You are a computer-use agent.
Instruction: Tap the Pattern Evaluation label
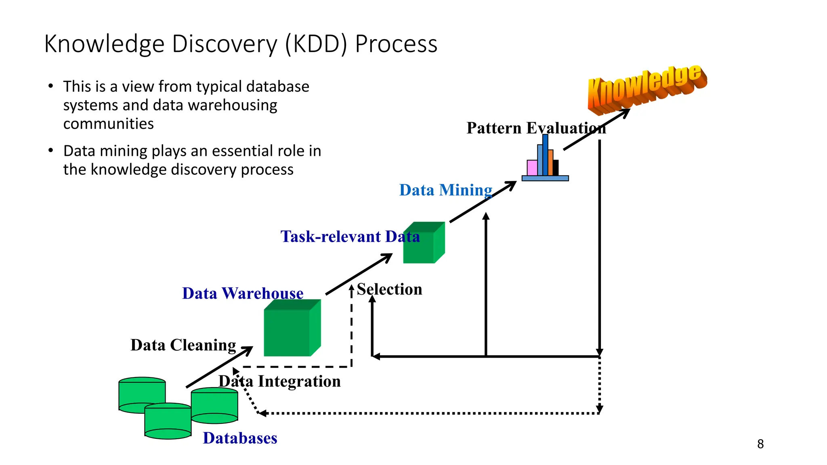(x=536, y=128)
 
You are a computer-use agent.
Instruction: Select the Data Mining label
(x=445, y=190)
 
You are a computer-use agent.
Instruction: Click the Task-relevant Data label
(x=350, y=237)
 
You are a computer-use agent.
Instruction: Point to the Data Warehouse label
(x=242, y=293)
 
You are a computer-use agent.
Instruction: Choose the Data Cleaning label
(x=183, y=345)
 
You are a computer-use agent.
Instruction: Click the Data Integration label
(x=279, y=381)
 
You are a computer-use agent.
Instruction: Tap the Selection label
(x=389, y=289)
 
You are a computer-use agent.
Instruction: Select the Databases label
(x=240, y=438)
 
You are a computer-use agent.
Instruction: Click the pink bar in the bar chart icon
(x=532, y=168)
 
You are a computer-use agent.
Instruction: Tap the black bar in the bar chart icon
(x=556, y=168)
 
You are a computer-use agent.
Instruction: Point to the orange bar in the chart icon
(x=550, y=163)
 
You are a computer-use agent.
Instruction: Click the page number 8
(x=760, y=444)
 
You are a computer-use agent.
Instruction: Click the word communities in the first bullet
(x=108, y=124)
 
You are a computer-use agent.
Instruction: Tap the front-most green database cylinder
(x=168, y=422)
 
